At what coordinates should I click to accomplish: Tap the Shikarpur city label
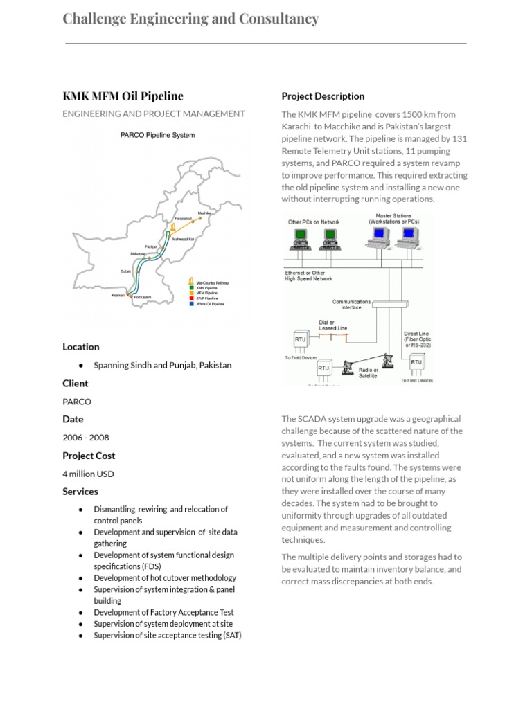coord(139,253)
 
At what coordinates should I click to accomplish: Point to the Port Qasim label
coord(143,298)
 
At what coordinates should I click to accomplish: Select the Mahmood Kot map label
coord(183,239)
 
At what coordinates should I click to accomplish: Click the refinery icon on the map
coord(172,228)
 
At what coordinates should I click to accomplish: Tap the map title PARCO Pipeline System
coord(157,135)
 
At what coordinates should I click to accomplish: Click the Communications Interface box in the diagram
coord(351,305)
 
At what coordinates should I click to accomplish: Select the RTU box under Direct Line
coord(416,362)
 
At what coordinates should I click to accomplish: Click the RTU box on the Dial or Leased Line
coord(301,339)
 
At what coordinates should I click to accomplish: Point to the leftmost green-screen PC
coord(301,237)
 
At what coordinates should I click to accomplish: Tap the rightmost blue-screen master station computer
coord(409,236)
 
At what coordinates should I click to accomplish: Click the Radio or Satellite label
coord(369,373)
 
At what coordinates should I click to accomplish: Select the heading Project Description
coord(323,96)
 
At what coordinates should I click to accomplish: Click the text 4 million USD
coord(89,474)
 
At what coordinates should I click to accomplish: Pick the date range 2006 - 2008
coord(86,438)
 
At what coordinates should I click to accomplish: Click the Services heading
coord(80,492)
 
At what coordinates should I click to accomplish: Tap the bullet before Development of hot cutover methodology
coord(81,578)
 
